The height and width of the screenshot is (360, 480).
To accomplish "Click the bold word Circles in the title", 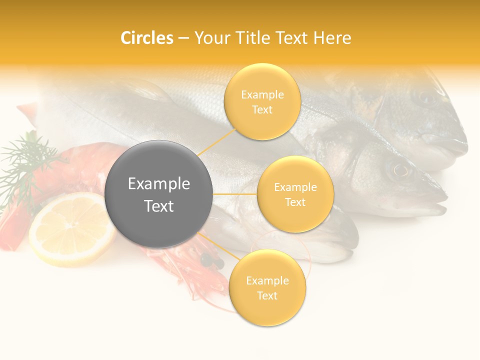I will (146, 38).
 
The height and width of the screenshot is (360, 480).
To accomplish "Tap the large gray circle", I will (159, 194).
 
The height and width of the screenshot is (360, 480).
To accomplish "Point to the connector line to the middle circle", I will (235, 193).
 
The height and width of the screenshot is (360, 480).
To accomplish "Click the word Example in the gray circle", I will (159, 184).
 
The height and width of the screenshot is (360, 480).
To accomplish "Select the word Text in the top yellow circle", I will (262, 109).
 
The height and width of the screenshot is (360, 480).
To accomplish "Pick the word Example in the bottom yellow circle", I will (267, 281).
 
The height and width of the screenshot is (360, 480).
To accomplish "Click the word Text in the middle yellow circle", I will (295, 202).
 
